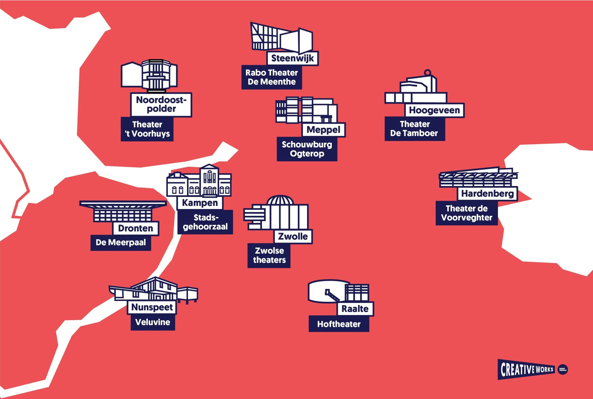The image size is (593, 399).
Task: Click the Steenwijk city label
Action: (x=293, y=59)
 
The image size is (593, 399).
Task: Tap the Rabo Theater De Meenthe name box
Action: (x=272, y=77)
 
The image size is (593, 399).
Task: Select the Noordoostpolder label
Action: (x=161, y=104)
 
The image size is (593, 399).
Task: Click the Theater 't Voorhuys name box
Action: (x=147, y=129)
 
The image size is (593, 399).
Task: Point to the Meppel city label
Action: (x=323, y=130)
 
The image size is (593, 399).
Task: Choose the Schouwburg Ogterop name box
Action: (x=307, y=149)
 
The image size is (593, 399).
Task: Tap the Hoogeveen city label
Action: (x=435, y=110)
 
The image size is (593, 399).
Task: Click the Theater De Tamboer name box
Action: (x=415, y=129)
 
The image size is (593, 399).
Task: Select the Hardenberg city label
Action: (x=487, y=194)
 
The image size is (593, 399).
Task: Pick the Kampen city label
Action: (x=200, y=203)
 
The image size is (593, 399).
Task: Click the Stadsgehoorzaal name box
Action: (x=205, y=222)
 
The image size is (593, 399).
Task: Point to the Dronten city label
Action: (x=136, y=228)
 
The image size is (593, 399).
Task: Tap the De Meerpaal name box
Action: (x=121, y=242)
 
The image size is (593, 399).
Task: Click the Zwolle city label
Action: (x=293, y=236)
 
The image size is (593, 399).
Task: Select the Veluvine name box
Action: (x=153, y=322)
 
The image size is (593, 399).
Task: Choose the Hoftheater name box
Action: (x=339, y=324)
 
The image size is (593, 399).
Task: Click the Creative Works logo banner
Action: (x=527, y=369)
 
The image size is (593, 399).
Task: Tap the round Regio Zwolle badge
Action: (x=563, y=369)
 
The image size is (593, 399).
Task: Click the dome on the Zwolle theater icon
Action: (x=280, y=200)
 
